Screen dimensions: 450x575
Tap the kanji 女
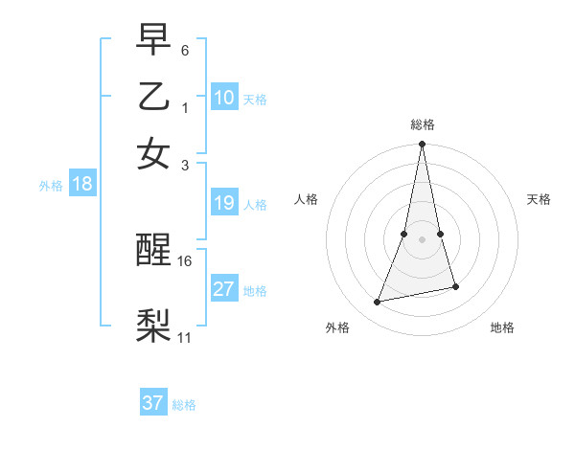tap(154, 153)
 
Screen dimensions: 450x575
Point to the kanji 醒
tap(154, 251)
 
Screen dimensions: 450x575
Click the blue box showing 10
tap(224, 98)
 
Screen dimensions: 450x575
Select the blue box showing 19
tap(224, 203)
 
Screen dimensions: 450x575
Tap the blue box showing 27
tap(224, 289)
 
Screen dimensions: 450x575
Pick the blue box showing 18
tap(82, 184)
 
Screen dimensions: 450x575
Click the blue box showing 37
tap(153, 403)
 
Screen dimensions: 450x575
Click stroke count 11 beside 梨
tap(185, 337)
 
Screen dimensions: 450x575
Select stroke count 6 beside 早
tap(185, 49)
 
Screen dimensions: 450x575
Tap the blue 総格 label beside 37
tap(184, 405)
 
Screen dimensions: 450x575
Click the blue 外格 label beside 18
tap(51, 186)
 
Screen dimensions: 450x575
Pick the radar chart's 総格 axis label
tap(422, 124)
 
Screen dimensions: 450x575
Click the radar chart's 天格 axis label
tap(540, 199)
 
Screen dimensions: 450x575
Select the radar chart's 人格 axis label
tap(307, 199)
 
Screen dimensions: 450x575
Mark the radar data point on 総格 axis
tap(422, 145)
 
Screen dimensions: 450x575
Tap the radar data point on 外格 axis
tap(378, 302)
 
